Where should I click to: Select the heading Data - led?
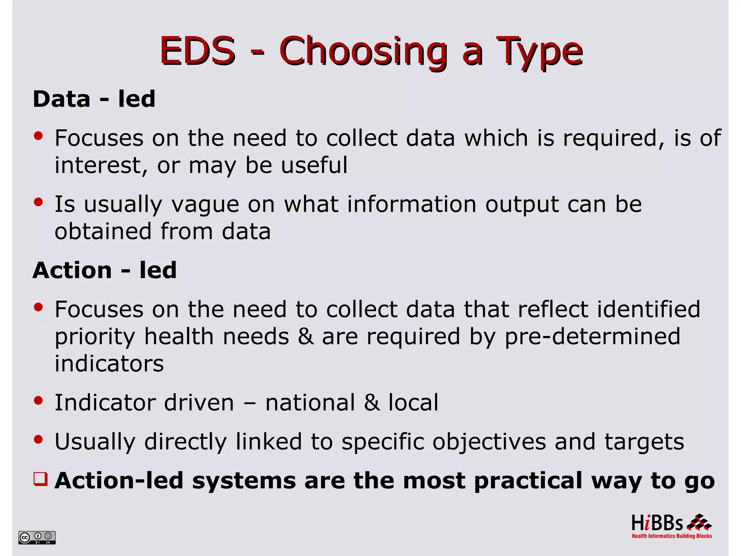(94, 99)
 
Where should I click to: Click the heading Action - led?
(105, 270)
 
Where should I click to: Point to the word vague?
(205, 204)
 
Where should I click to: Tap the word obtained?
(103, 231)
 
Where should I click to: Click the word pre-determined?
(593, 337)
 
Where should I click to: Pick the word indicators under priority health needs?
(109, 363)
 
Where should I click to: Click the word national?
(310, 403)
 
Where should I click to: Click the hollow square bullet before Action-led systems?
(40, 479)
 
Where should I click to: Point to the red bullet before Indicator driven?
(38, 400)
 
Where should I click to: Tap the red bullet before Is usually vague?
(38, 202)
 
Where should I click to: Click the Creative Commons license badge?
(37, 537)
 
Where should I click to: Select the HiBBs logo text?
(657, 523)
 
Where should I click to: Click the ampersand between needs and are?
(306, 337)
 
